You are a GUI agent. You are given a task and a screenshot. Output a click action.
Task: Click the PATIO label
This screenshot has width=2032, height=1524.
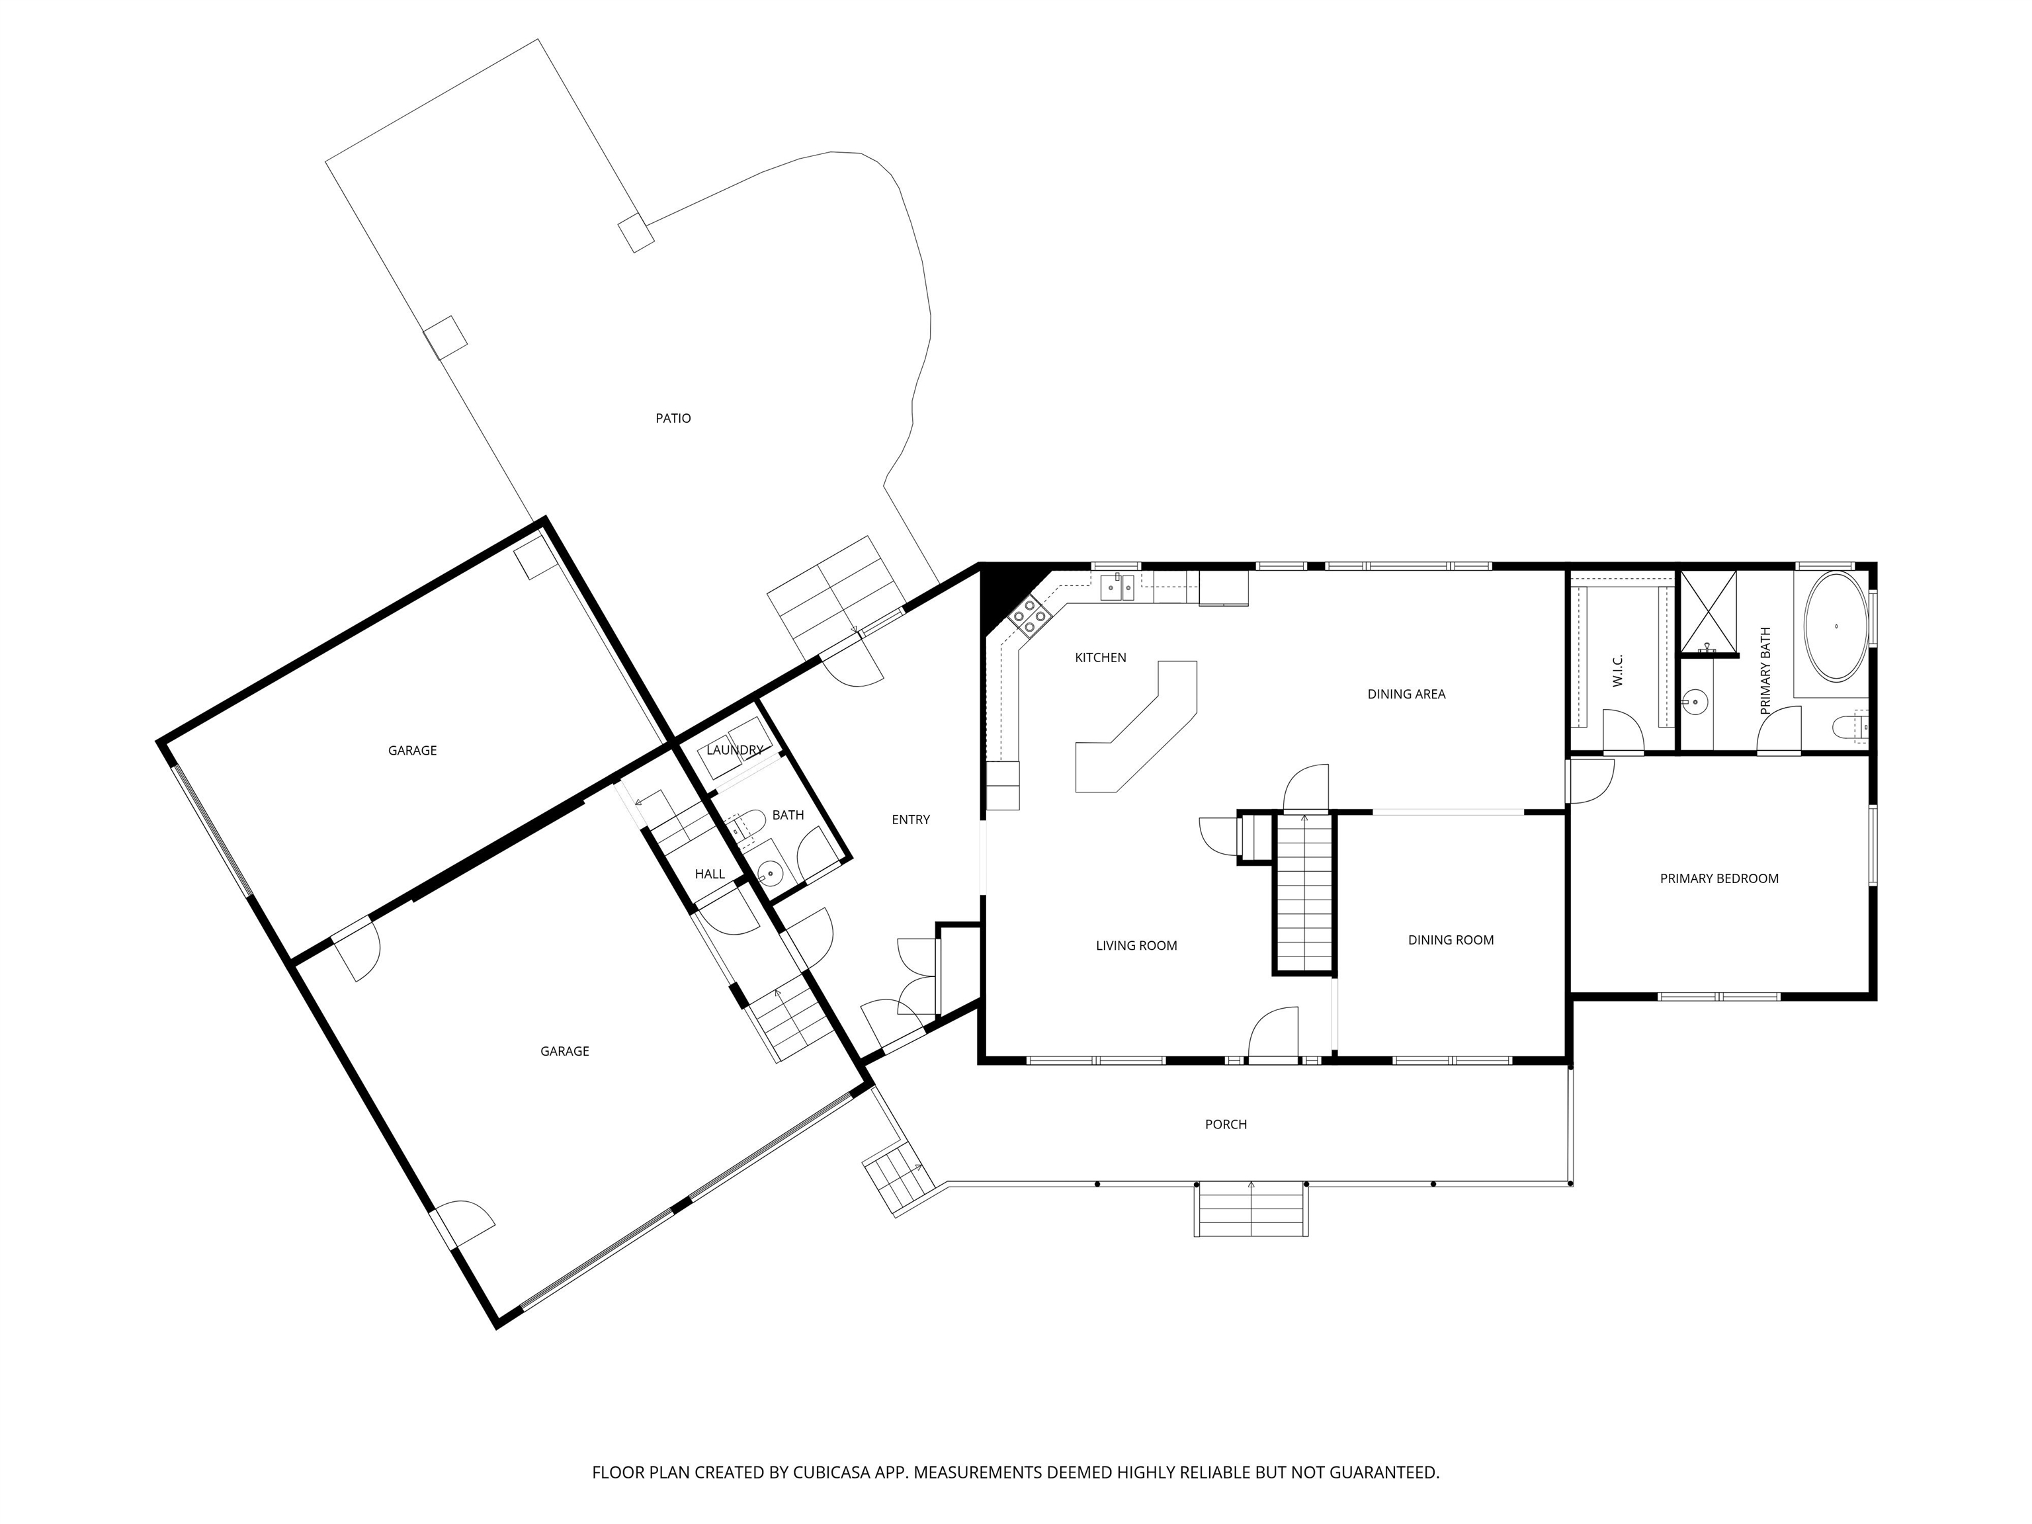click(673, 418)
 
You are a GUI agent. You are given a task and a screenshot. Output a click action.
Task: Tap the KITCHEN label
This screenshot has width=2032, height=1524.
click(1101, 657)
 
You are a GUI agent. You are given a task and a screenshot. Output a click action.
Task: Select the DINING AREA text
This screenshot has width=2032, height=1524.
click(1406, 695)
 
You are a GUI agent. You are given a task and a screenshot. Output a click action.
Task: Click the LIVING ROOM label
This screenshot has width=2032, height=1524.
click(1136, 945)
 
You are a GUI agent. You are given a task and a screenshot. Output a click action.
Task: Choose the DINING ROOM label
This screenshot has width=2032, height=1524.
click(1451, 940)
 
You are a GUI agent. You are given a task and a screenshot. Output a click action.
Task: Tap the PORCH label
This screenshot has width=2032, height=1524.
click(1226, 1124)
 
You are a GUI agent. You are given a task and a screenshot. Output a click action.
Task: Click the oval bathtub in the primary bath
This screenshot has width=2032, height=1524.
click(1836, 626)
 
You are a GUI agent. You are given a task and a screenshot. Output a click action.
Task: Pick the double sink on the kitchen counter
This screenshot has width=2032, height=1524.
click(1118, 585)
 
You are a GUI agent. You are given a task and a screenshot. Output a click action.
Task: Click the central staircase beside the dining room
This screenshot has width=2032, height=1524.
click(1304, 892)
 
